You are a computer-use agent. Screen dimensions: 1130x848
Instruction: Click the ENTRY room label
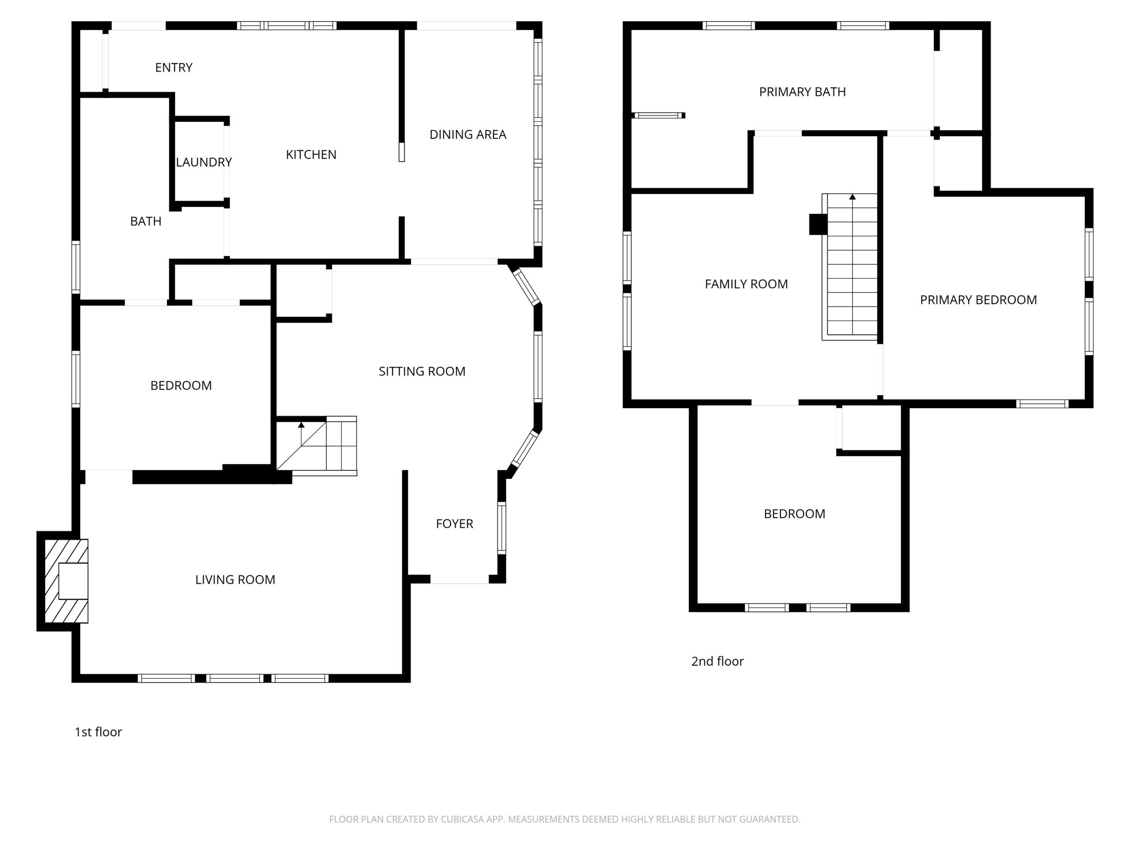pos(173,68)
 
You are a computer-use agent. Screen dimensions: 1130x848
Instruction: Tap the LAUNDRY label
pos(204,162)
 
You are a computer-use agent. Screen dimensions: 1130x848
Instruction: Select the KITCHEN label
pos(311,155)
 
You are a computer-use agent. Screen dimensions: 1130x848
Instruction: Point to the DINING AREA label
pos(468,134)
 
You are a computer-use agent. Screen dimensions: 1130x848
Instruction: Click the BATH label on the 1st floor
pos(146,221)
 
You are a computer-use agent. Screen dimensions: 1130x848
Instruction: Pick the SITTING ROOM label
pos(422,371)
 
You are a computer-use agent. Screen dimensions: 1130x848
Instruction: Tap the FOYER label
pos(455,523)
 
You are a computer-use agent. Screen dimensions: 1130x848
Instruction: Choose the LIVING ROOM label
pos(235,579)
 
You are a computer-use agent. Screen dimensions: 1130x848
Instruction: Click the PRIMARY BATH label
pos(802,92)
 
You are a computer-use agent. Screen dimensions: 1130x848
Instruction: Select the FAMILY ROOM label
pos(746,284)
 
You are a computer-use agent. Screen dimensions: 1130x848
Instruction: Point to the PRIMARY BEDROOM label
pos(978,300)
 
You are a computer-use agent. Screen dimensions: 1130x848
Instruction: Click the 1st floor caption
pos(98,732)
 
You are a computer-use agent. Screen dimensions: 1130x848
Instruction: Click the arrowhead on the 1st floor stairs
pos(301,425)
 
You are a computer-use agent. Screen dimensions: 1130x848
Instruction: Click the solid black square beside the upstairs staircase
pos(818,224)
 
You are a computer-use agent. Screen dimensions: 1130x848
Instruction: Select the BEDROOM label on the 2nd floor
pos(795,514)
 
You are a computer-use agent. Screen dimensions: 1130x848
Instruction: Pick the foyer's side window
pos(501,528)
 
